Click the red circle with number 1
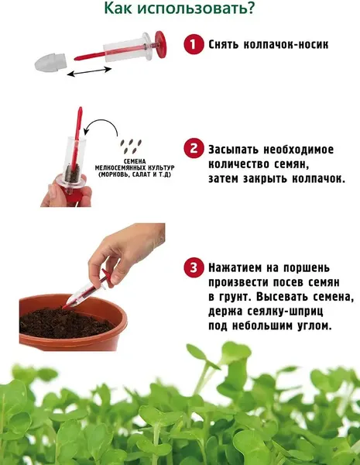tap(191, 45)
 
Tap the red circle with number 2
tap(192, 148)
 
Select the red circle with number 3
tap(192, 269)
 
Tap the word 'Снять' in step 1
tap(226, 45)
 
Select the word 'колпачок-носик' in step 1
tap(288, 45)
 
